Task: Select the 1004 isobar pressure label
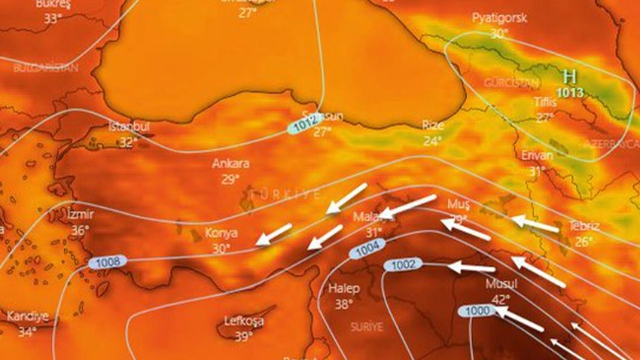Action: point(367,250)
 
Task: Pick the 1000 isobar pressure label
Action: point(477,311)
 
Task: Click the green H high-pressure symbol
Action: point(570,77)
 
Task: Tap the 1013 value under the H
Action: point(570,93)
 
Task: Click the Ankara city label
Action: point(230,163)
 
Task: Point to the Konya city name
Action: point(221,233)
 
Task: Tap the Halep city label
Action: point(344,288)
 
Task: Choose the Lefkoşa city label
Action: point(244,321)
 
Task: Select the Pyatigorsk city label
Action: point(498,17)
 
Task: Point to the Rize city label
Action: point(433,124)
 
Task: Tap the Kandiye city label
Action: point(27,316)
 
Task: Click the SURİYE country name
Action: point(367,327)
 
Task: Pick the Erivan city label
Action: point(537,155)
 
